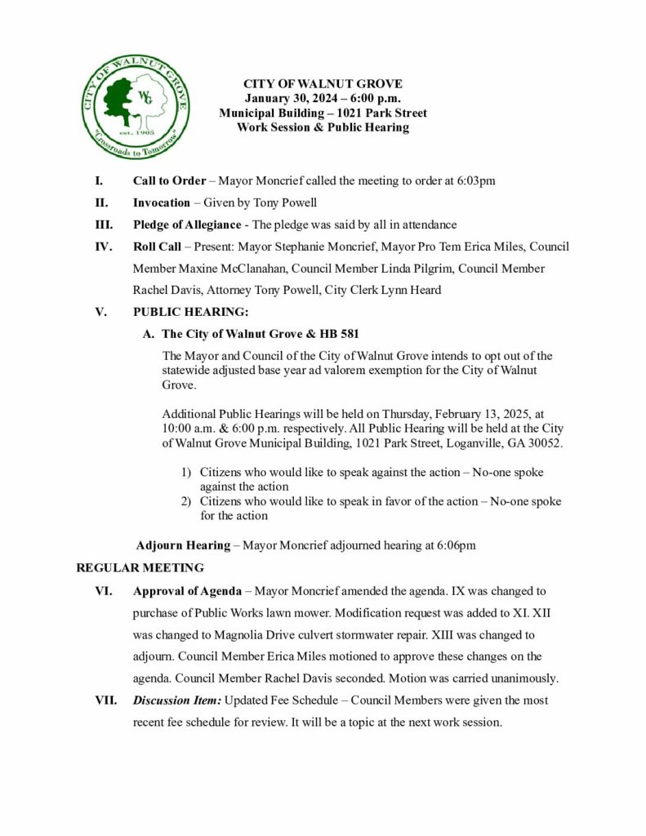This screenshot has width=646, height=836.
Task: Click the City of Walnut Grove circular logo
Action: pyautogui.click(x=136, y=107)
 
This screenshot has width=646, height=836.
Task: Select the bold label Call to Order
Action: pyautogui.click(x=169, y=180)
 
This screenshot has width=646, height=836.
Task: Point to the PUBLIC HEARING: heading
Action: pyautogui.click(x=190, y=312)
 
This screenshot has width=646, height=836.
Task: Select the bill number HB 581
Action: pyautogui.click(x=337, y=334)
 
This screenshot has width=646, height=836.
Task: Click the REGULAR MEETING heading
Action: pyautogui.click(x=140, y=567)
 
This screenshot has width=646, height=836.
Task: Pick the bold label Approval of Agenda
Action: pyautogui.click(x=187, y=589)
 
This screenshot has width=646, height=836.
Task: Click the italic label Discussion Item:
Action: pyautogui.click(x=176, y=700)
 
